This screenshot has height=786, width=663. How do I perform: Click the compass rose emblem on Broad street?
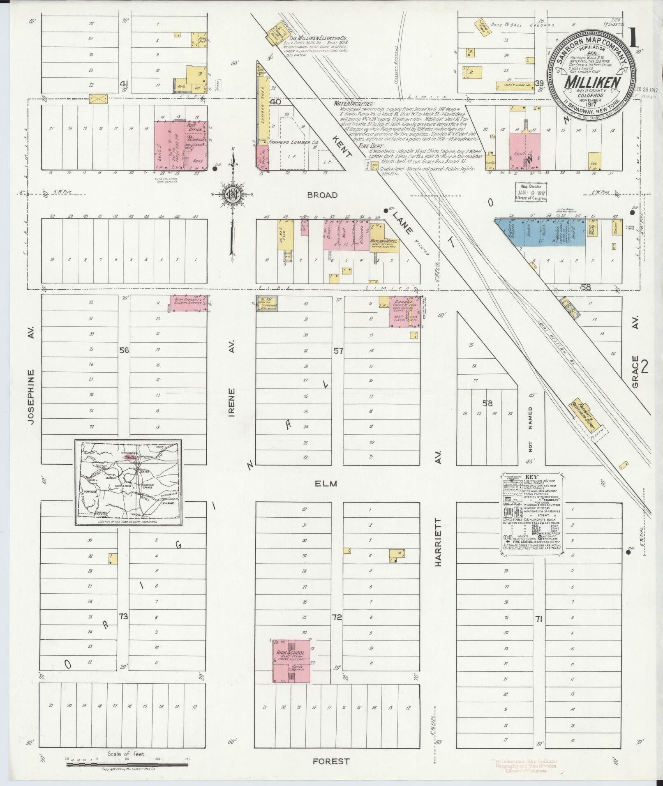[x=233, y=194]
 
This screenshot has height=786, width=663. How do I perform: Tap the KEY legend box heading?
[x=531, y=477]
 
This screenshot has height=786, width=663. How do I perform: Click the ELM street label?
[x=326, y=484]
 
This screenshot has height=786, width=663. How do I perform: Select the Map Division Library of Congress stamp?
[x=531, y=192]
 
